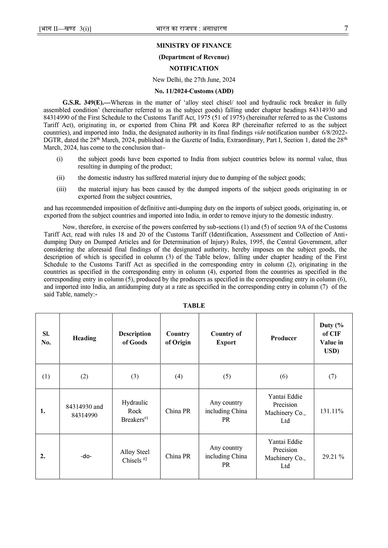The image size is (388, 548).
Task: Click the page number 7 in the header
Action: (346, 28)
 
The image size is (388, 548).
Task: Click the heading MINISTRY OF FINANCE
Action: (194, 46)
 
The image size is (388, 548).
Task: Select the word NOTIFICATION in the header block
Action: (194, 68)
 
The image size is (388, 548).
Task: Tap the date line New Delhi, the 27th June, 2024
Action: (194, 79)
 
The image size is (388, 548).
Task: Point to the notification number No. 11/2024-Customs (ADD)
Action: (194, 91)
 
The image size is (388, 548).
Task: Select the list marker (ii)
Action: (60, 178)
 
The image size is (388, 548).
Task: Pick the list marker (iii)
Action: (61, 189)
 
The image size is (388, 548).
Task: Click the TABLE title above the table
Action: (194, 306)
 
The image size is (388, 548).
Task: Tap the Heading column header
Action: (84, 338)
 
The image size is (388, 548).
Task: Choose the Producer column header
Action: (284, 338)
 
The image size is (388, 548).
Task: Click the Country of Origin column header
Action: (178, 338)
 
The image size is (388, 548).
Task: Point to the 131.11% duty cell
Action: (332, 411)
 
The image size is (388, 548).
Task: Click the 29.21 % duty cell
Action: (333, 456)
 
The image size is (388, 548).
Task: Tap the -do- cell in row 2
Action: (86, 456)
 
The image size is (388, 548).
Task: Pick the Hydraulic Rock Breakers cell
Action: (135, 411)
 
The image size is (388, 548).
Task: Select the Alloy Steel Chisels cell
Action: (135, 456)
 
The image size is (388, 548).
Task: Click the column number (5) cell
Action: (227, 376)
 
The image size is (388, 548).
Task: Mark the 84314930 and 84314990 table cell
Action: (84, 411)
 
